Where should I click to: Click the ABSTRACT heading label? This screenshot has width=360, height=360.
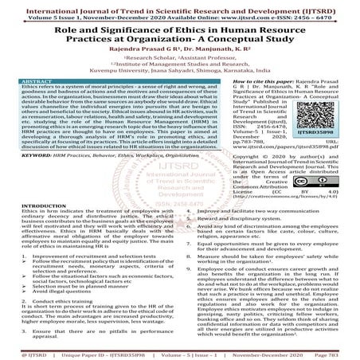(x=37, y=81)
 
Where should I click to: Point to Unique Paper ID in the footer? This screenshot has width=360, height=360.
(x=72, y=352)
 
